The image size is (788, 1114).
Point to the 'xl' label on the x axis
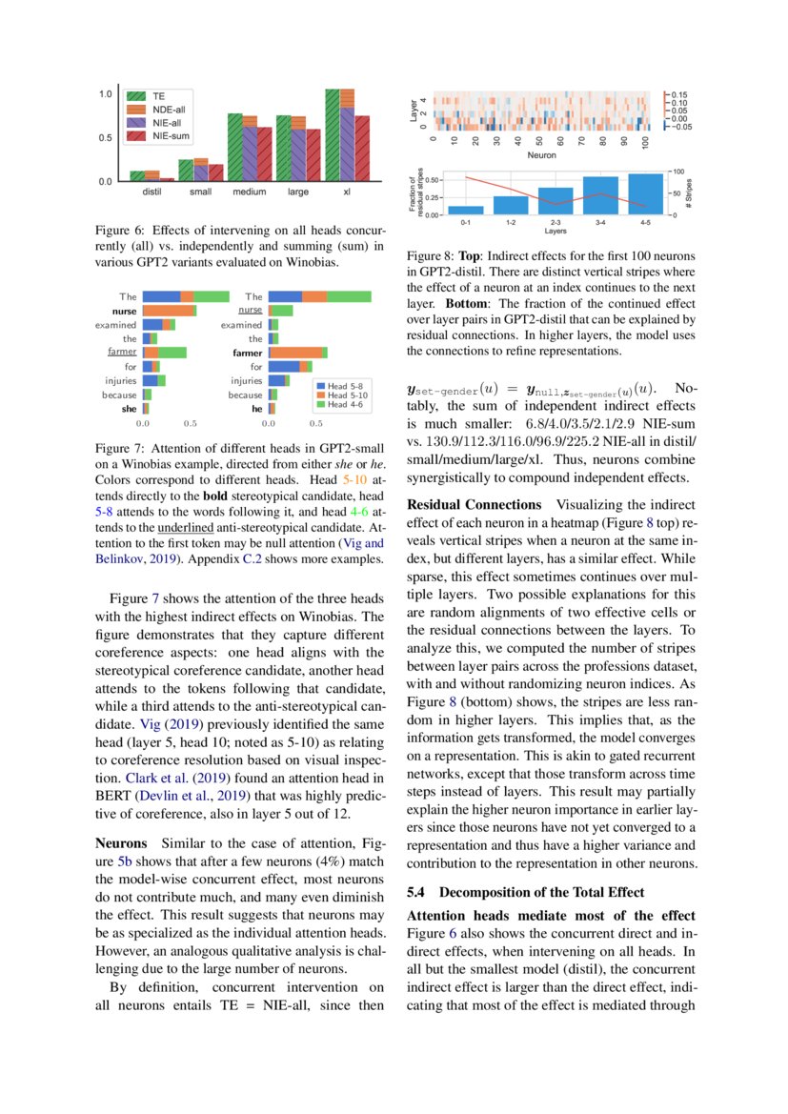coord(347,192)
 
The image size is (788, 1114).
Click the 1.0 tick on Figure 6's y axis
coord(107,94)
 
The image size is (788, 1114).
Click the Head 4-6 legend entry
coord(346,404)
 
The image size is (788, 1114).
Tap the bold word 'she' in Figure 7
coord(129,408)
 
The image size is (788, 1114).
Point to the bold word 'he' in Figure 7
coord(256,408)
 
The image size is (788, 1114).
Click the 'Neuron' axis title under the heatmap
coord(541,153)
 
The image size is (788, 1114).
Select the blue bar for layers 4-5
coord(646,193)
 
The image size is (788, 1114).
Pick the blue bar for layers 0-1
coord(465,210)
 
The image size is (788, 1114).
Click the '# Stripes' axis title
coord(688,192)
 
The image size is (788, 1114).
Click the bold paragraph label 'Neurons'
coord(121,843)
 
